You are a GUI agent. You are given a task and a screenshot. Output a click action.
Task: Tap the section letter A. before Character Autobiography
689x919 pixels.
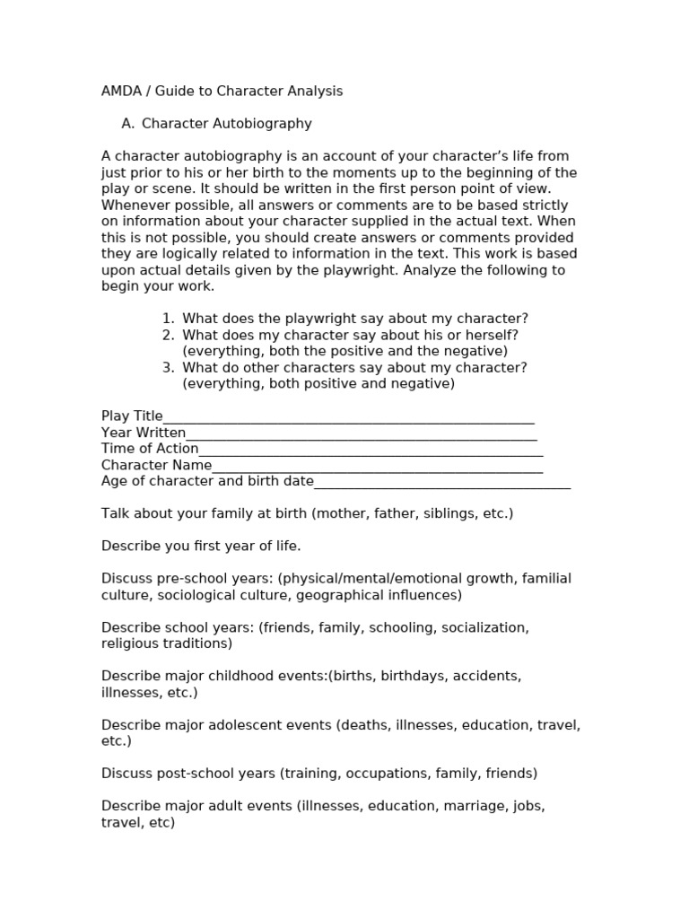coord(127,124)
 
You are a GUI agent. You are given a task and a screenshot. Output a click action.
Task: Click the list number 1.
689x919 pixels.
coord(168,319)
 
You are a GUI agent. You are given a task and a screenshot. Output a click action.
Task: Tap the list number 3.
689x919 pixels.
coord(168,367)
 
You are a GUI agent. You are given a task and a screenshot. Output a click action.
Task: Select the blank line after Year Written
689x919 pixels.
coord(361,433)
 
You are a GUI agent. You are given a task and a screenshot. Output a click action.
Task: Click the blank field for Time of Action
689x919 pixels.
coord(370,450)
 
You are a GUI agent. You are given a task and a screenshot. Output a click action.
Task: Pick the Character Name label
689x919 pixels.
coord(156,465)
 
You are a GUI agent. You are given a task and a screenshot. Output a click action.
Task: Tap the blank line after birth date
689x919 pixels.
coord(441,482)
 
